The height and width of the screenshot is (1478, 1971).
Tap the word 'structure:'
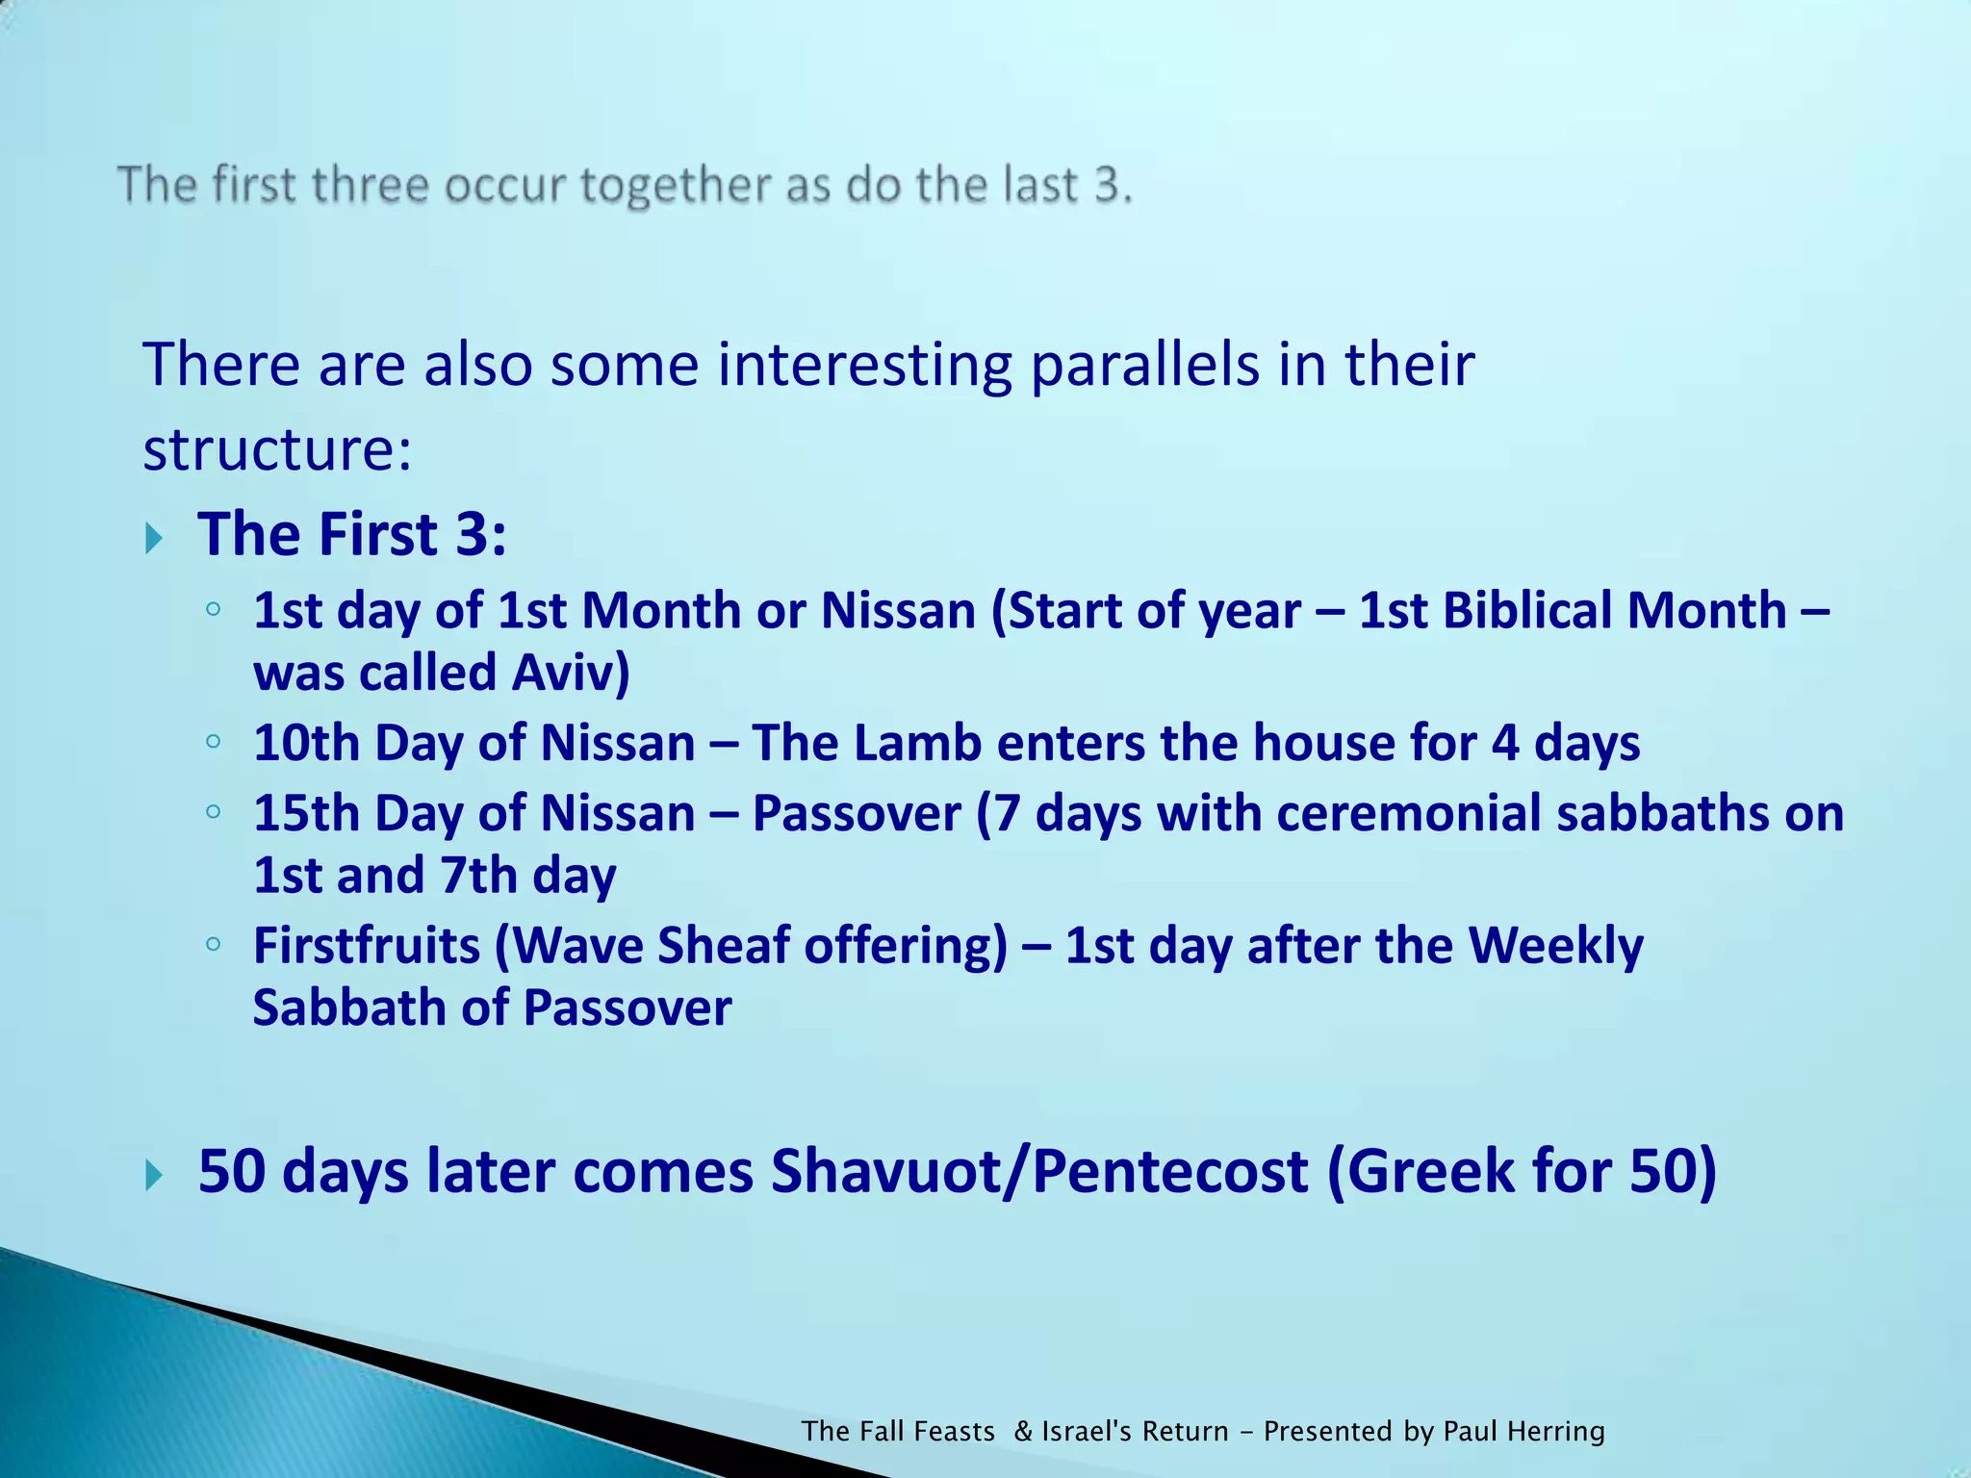(277, 448)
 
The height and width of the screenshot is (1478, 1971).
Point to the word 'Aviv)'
(571, 672)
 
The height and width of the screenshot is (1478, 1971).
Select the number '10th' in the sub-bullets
(306, 743)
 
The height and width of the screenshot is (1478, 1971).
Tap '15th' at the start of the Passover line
(306, 813)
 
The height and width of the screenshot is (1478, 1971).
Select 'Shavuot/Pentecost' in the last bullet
(1039, 1171)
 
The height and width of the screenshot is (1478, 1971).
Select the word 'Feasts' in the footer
(955, 1432)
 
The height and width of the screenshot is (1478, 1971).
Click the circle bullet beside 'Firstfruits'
(214, 944)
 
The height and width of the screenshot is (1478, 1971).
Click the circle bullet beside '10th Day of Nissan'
(214, 742)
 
